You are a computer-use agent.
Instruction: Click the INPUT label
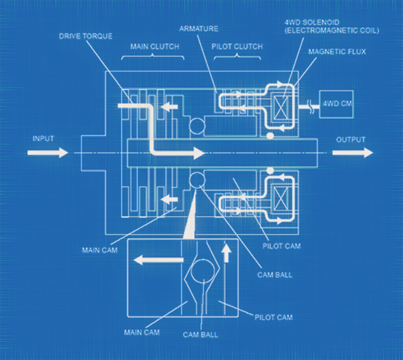(x=43, y=139)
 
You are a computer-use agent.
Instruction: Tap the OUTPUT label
(x=351, y=140)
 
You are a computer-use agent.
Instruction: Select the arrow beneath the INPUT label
(x=48, y=152)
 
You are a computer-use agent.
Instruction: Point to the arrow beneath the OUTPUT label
(x=353, y=152)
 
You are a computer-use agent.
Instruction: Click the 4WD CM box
(x=336, y=104)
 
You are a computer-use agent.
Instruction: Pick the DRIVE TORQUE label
(x=86, y=36)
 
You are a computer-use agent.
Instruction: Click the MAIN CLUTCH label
(x=154, y=46)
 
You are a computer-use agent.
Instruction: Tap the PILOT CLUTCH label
(x=237, y=46)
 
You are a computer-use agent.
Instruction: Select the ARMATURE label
(x=199, y=29)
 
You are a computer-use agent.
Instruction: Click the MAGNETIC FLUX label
(x=337, y=52)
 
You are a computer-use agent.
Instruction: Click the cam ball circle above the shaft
(x=197, y=126)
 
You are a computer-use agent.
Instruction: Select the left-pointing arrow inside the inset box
(x=159, y=260)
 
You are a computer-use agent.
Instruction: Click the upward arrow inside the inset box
(x=226, y=253)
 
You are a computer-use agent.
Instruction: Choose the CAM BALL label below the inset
(x=201, y=335)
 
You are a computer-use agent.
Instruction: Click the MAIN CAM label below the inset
(x=142, y=332)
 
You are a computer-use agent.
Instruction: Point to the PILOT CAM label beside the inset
(x=273, y=317)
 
